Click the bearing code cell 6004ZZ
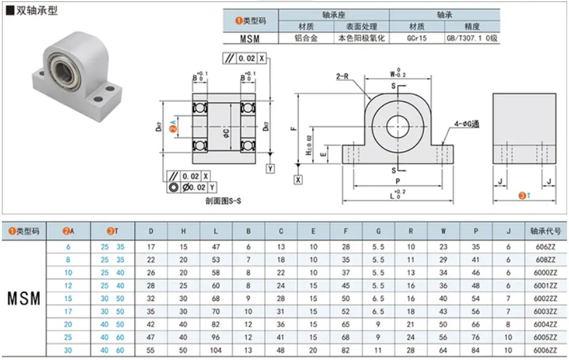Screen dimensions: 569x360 [545, 325]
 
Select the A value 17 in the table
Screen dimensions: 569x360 [68, 312]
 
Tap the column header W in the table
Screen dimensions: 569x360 [443, 231]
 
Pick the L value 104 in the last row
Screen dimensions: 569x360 [216, 350]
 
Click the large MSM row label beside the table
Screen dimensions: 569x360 [24, 299]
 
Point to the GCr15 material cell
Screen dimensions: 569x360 [417, 38]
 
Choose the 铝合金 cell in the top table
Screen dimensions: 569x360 [306, 38]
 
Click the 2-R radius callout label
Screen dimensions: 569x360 [342, 76]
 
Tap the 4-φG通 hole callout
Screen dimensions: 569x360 [467, 124]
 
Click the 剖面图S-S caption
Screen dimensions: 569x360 [223, 201]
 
